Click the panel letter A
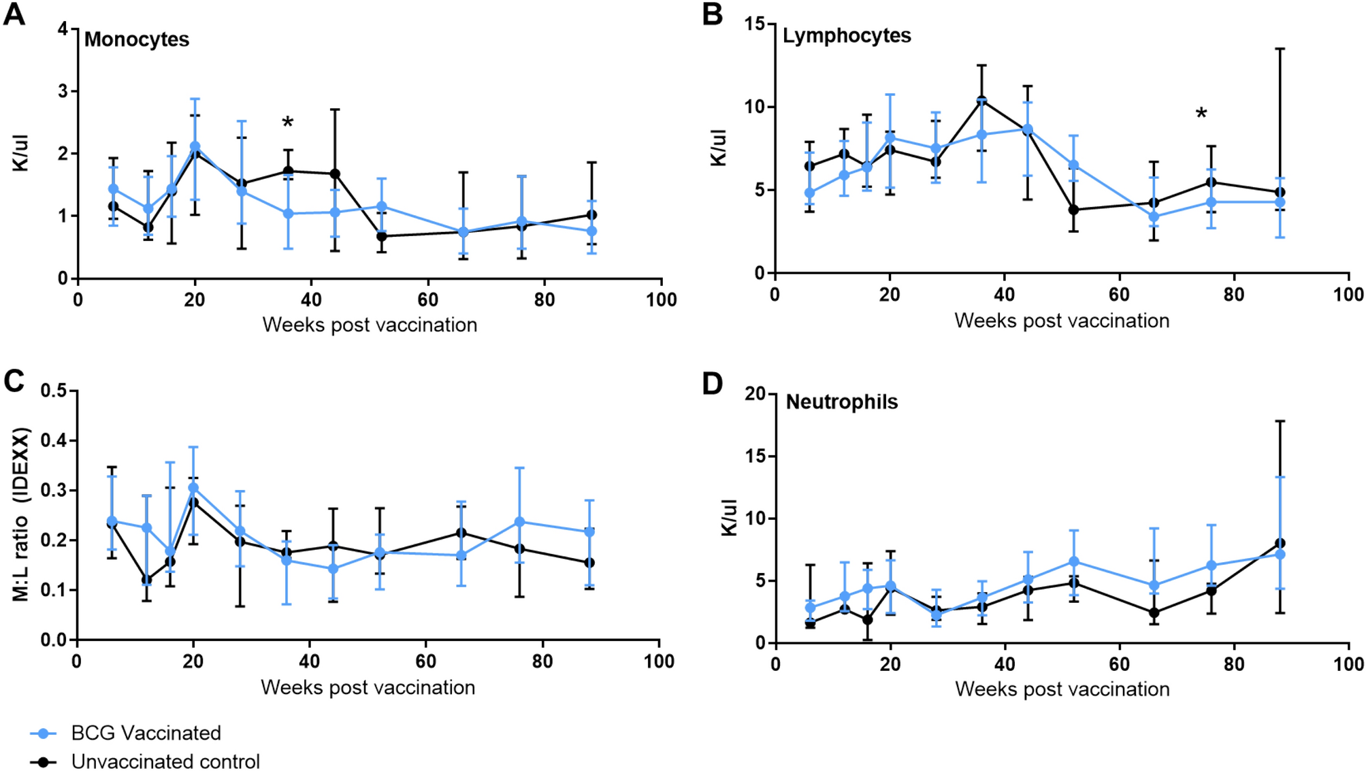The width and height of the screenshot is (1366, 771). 14,14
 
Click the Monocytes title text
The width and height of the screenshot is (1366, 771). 136,39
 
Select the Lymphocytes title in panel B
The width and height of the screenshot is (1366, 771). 846,35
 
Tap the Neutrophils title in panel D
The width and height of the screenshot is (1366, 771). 841,402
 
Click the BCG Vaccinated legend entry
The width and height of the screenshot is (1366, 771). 146,733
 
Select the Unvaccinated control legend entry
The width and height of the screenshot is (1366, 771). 165,761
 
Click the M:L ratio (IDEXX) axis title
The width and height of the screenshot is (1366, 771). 21,514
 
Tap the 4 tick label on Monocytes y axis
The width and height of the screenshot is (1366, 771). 63,29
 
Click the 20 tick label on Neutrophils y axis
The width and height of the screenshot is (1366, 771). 755,394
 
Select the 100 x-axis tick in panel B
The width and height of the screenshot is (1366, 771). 1348,295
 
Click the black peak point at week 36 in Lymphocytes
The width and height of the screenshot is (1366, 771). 981,101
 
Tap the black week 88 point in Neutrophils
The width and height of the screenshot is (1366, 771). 1280,543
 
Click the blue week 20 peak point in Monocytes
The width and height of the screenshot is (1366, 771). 195,146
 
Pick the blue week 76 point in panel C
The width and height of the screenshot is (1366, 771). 519,522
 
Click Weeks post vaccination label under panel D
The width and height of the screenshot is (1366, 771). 1062,689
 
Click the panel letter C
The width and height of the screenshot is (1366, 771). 14,381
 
